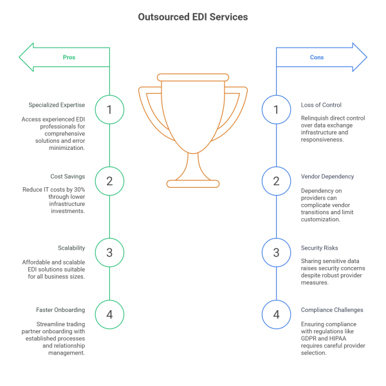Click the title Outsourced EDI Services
click(192, 17)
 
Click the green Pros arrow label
click(69, 57)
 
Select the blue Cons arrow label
click(317, 57)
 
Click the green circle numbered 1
click(109, 109)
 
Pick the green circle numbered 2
click(109, 181)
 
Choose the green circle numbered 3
click(109, 252)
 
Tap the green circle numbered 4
click(109, 315)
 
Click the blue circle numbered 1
click(277, 109)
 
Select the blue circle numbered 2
click(277, 181)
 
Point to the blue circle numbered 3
click(277, 252)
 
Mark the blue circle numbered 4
click(277, 315)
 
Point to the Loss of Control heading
click(321, 105)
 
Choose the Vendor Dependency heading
click(327, 176)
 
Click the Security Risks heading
click(320, 247)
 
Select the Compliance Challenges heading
click(332, 309)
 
